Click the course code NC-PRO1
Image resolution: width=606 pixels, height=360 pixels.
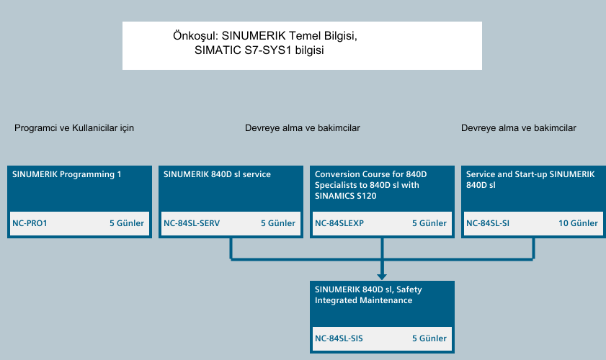click(x=30, y=223)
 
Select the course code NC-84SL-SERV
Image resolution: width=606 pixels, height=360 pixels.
click(x=192, y=223)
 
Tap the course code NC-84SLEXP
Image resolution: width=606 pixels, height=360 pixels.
click(x=339, y=223)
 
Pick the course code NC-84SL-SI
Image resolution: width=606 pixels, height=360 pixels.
click(x=488, y=223)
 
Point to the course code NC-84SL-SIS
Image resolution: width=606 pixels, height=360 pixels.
click(x=339, y=338)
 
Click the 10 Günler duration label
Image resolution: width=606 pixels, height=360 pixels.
click(x=578, y=223)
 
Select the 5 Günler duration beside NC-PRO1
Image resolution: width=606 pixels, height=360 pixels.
click(x=127, y=223)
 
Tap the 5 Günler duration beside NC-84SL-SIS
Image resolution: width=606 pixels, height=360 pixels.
click(x=429, y=338)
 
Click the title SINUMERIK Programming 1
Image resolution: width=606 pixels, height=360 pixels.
click(x=67, y=174)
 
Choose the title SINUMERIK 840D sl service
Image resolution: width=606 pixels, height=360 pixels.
click(x=217, y=174)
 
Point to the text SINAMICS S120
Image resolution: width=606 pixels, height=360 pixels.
click(x=345, y=196)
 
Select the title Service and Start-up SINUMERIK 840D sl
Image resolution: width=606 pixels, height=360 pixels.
click(x=530, y=179)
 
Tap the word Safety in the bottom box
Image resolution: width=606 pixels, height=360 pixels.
click(x=409, y=289)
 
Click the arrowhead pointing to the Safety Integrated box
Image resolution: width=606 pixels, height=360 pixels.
click(x=382, y=277)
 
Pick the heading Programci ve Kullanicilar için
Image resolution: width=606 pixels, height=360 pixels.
click(x=74, y=128)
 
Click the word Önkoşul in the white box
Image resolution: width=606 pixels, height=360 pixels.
click(x=195, y=35)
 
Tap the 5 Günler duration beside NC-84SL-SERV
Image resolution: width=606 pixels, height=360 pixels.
click(x=278, y=223)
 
